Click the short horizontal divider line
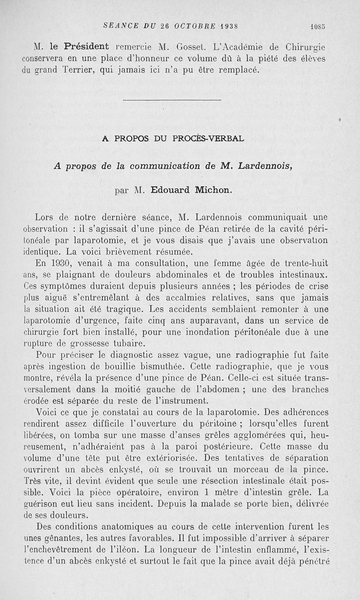pyautogui.click(x=171, y=100)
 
